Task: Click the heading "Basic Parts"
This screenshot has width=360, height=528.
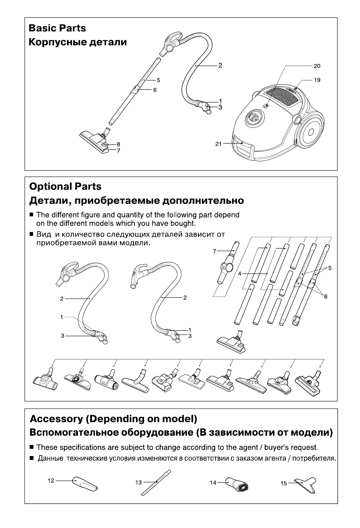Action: click(x=57, y=28)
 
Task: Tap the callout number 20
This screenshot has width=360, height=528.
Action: click(x=317, y=66)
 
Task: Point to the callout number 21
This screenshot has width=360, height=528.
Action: click(x=219, y=144)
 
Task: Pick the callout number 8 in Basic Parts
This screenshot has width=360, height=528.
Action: click(x=119, y=144)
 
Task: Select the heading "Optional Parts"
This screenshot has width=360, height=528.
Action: click(x=65, y=186)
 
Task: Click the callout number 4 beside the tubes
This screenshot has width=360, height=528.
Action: click(x=240, y=274)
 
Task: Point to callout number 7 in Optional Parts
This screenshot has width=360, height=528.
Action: click(x=215, y=252)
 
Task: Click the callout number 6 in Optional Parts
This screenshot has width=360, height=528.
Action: click(x=326, y=297)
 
